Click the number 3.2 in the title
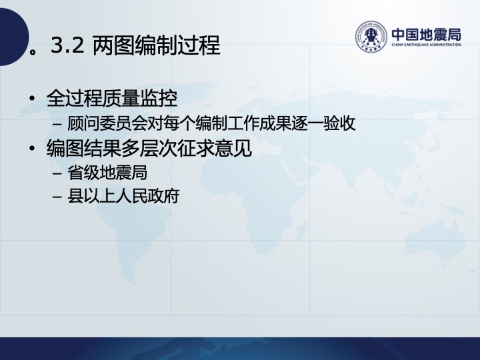point(67,45)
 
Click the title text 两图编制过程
point(156,45)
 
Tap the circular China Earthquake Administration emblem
point(371,37)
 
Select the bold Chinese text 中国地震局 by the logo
point(426,34)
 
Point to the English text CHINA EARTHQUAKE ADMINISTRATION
point(426,45)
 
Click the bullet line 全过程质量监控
point(112,98)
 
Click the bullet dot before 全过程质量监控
point(32,99)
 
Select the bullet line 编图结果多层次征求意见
point(149,148)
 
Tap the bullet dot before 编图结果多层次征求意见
point(32,149)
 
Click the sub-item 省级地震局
point(107,173)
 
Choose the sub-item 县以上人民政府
point(123,196)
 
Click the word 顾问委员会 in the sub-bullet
point(107,123)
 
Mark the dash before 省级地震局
point(57,173)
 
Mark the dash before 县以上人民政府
point(57,197)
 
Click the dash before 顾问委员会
point(57,124)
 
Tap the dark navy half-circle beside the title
point(14,37)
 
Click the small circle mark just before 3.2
point(33,51)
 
